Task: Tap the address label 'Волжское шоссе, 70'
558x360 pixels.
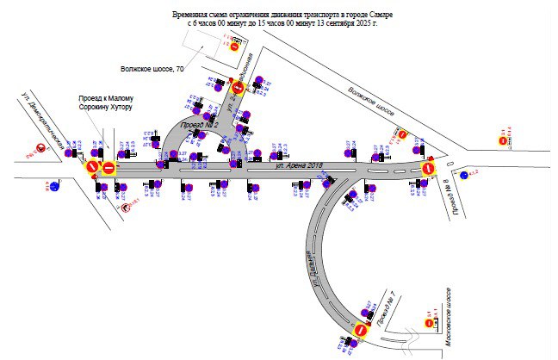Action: pos(152,68)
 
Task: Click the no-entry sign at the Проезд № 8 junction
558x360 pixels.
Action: pos(428,169)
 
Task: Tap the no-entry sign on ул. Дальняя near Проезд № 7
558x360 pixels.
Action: pos(360,328)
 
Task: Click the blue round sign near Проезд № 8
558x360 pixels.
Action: pos(463,176)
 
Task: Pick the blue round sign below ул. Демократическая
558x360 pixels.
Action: pos(54,184)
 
